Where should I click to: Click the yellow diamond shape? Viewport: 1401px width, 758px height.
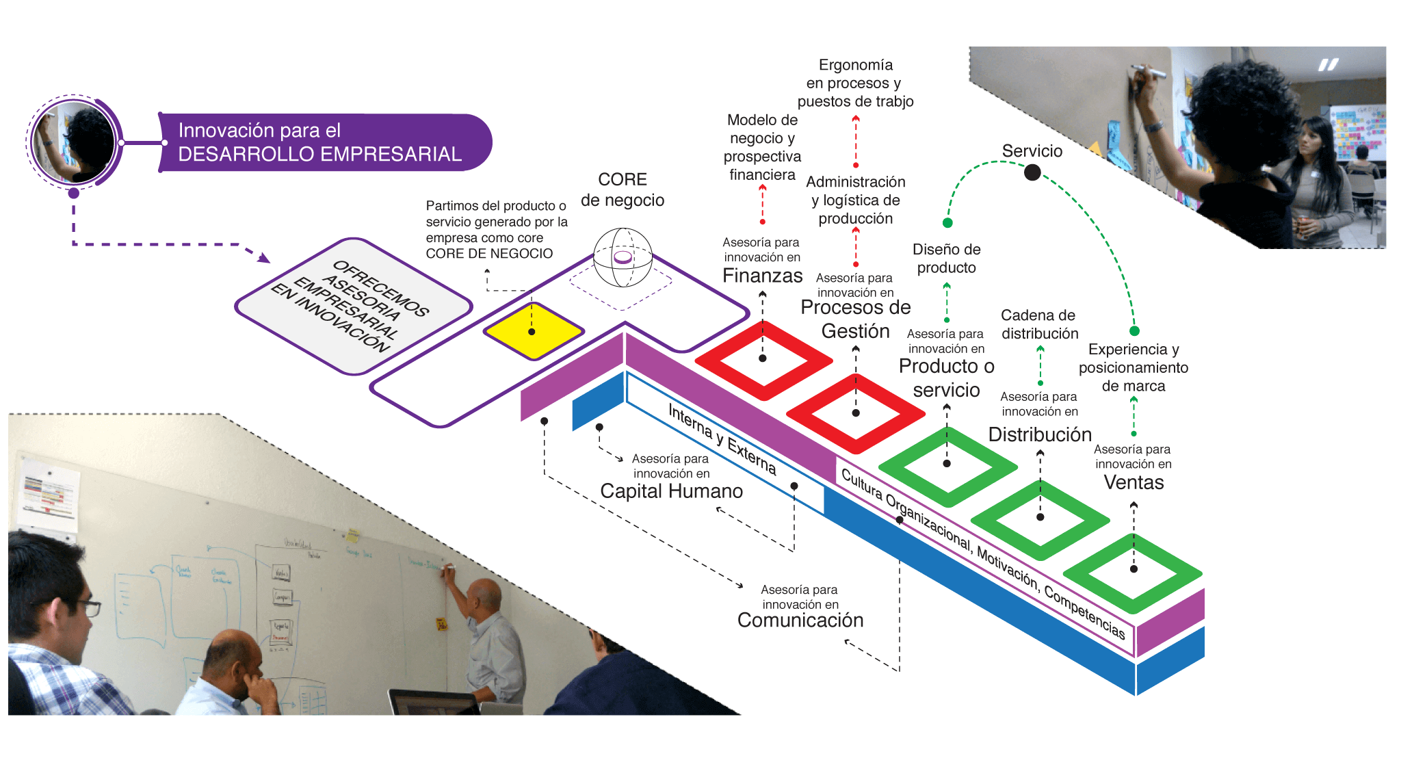(x=533, y=331)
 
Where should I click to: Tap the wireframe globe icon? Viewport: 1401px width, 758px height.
(x=623, y=257)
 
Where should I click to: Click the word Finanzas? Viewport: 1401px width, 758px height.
(x=762, y=276)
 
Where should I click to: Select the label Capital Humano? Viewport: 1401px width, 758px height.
(x=671, y=491)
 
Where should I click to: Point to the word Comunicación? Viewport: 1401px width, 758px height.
(x=800, y=620)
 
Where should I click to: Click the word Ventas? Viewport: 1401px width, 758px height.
(x=1134, y=483)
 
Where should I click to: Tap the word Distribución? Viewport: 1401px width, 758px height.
(x=1040, y=434)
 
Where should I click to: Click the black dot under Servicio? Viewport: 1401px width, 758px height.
(x=1032, y=172)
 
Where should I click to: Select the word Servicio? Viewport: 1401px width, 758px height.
(x=1032, y=151)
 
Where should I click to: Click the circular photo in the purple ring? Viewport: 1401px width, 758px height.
(x=74, y=142)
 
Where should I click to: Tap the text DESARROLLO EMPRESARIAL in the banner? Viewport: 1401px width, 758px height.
(x=319, y=155)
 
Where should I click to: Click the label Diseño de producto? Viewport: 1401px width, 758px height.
(x=946, y=259)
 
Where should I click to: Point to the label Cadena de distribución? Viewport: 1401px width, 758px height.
(x=1039, y=324)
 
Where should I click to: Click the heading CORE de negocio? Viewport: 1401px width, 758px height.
(x=622, y=189)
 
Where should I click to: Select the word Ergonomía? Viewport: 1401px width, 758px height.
(x=855, y=65)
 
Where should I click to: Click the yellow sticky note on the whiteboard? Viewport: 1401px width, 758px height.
(x=441, y=624)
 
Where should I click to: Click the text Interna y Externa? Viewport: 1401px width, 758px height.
(x=722, y=439)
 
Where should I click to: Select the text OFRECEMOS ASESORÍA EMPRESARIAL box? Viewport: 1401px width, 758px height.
(x=352, y=305)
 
